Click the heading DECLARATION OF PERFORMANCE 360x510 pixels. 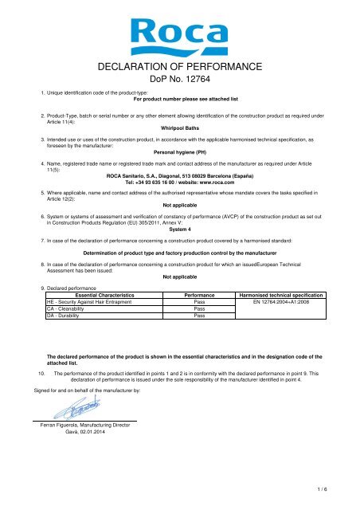[x=179, y=66]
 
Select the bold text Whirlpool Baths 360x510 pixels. [x=178, y=126]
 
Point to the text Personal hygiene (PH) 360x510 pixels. [x=178, y=150]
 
